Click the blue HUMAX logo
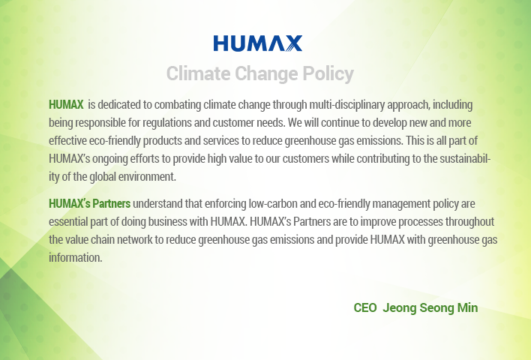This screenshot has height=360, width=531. tap(258, 43)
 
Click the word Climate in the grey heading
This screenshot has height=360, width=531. tap(199, 73)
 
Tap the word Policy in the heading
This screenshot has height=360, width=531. tap(328, 74)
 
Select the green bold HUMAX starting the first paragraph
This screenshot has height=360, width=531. tap(66, 105)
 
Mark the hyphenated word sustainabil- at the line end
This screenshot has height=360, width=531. tap(465, 159)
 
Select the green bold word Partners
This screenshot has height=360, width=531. tap(112, 204)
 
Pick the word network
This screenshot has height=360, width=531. tap(135, 240)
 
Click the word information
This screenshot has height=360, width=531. tap(76, 258)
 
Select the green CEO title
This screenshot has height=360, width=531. tap(365, 307)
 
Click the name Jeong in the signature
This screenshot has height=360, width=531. tap(400, 308)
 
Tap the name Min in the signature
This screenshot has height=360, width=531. tap(468, 307)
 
